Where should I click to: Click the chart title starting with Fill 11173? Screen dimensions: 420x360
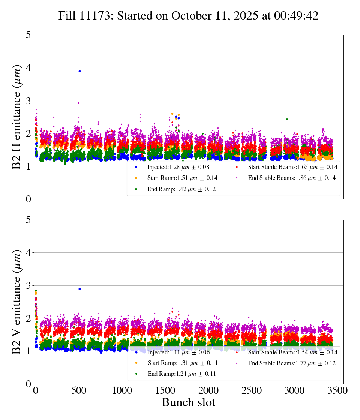point(188,16)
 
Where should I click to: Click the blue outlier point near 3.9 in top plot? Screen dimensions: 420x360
point(79,71)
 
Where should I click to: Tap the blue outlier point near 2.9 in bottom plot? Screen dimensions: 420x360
point(79,289)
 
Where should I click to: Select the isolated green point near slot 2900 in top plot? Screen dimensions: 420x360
point(287,119)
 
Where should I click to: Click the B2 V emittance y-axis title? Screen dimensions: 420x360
point(17,301)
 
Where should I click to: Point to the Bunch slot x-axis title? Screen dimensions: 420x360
point(188,403)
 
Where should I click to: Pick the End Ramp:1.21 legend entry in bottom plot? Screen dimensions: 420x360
point(176,374)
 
